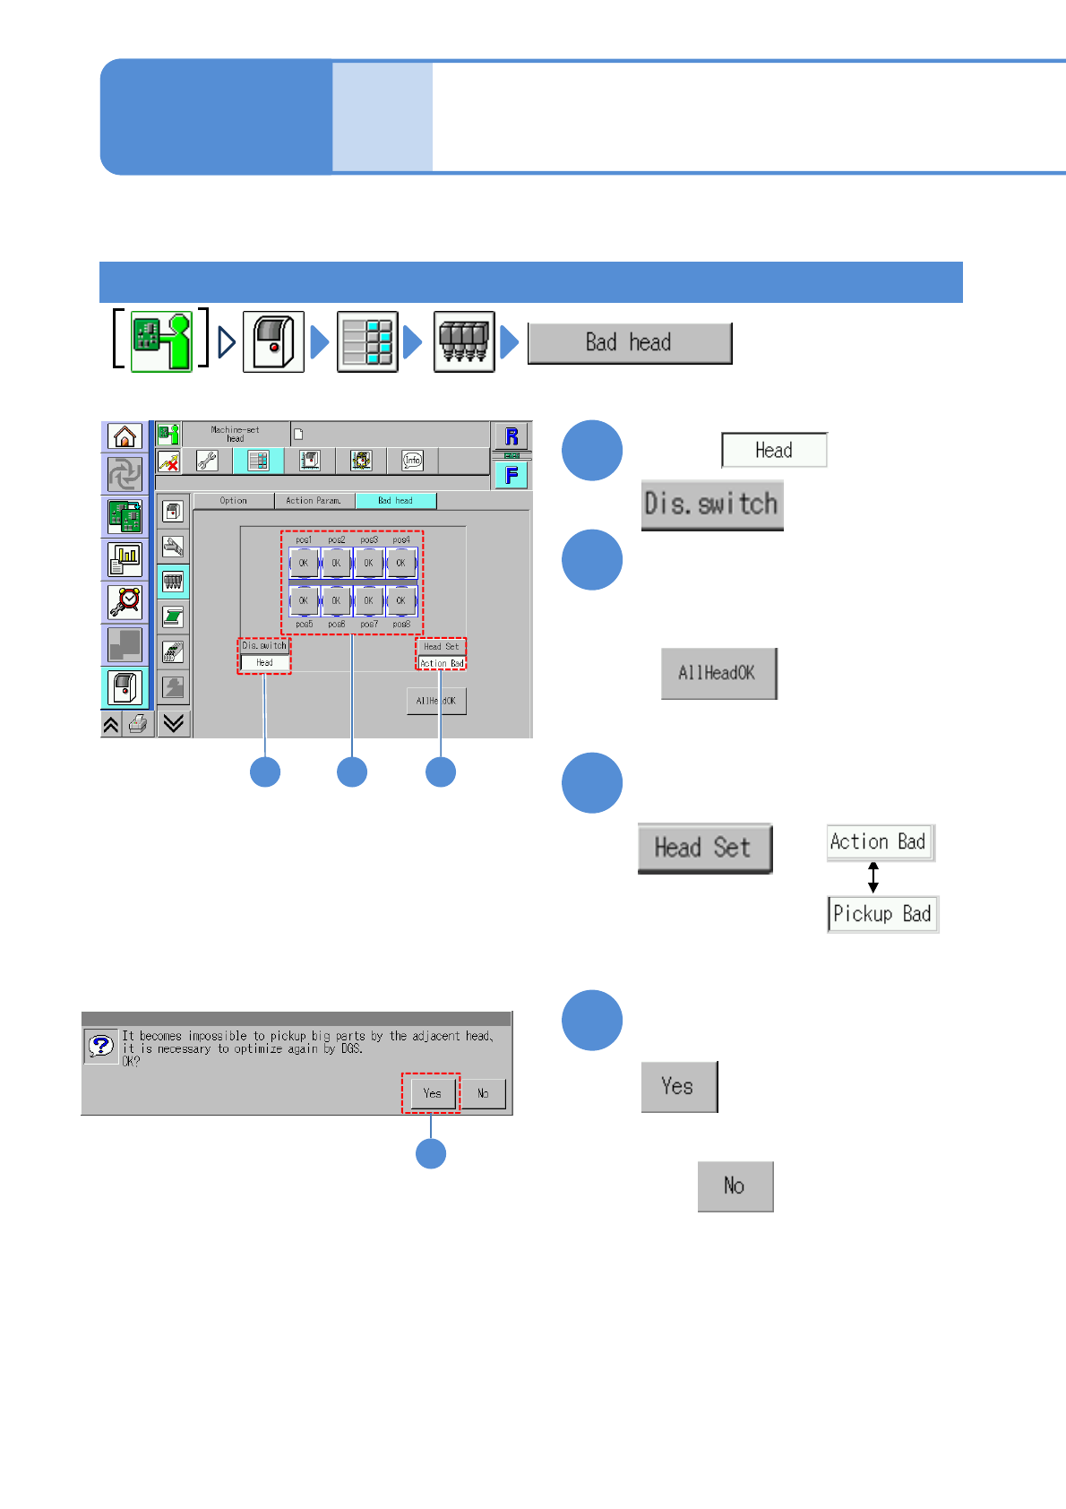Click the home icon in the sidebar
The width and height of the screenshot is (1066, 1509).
[125, 436]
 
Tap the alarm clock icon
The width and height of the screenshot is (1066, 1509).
[125, 601]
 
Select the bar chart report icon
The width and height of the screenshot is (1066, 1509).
[125, 559]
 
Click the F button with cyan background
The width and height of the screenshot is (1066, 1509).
[512, 475]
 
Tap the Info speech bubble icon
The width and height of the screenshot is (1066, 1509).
[412, 461]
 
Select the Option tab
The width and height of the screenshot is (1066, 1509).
[233, 501]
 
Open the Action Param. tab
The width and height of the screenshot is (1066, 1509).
[314, 501]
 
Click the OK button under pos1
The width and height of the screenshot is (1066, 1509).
[304, 564]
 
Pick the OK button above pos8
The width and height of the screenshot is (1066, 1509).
[400, 600]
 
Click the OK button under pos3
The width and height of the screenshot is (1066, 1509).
[368, 564]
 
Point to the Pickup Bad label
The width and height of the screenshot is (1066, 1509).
[882, 914]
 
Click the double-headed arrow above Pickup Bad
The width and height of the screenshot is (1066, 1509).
[873, 877]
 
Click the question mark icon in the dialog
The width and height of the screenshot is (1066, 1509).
[101, 1045]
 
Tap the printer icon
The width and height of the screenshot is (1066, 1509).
[137, 724]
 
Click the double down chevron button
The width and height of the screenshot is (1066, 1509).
[174, 723]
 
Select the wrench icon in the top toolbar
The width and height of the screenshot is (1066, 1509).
[207, 461]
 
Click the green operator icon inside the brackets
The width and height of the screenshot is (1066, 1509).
[161, 341]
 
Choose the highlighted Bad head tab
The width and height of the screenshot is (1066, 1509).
[395, 501]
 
